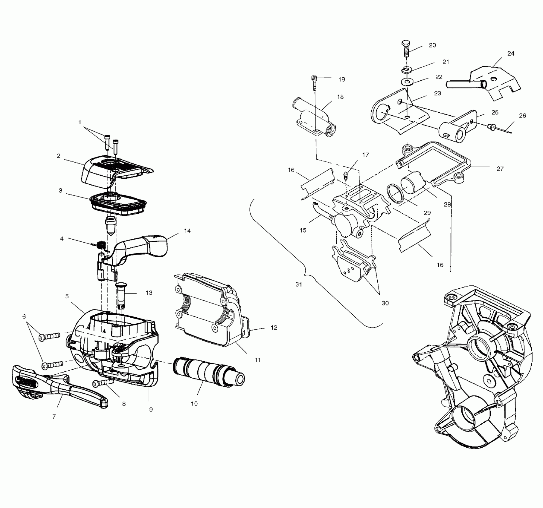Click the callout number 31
299,284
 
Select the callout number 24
511,53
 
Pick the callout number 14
187,231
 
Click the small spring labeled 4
101,245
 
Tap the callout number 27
500,169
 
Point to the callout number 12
274,328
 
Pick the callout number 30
385,303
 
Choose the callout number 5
67,296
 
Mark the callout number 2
59,156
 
